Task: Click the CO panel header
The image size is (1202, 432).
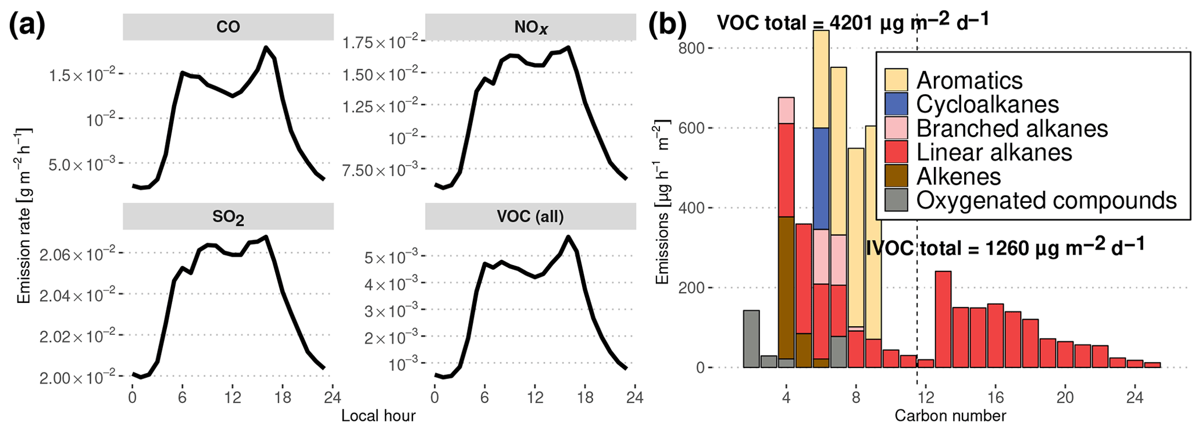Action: point(228,27)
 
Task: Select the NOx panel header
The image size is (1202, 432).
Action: point(530,27)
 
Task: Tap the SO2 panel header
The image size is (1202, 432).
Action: point(228,217)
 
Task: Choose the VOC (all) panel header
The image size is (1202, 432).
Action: point(530,217)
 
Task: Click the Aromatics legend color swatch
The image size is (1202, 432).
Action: point(896,80)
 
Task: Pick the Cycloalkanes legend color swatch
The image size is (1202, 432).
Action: point(896,105)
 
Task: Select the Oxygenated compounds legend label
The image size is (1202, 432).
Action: point(1046,201)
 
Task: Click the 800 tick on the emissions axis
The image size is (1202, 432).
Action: point(691,48)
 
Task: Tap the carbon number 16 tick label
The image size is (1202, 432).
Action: point(996,398)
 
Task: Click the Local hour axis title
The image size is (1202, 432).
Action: point(378,416)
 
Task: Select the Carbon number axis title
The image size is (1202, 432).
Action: point(950,416)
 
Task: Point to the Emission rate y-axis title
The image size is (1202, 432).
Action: point(24,215)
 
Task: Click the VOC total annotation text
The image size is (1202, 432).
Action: point(853,22)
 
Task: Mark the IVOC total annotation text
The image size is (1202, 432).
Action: point(1005,248)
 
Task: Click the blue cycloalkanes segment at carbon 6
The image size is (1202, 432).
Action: point(821,178)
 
